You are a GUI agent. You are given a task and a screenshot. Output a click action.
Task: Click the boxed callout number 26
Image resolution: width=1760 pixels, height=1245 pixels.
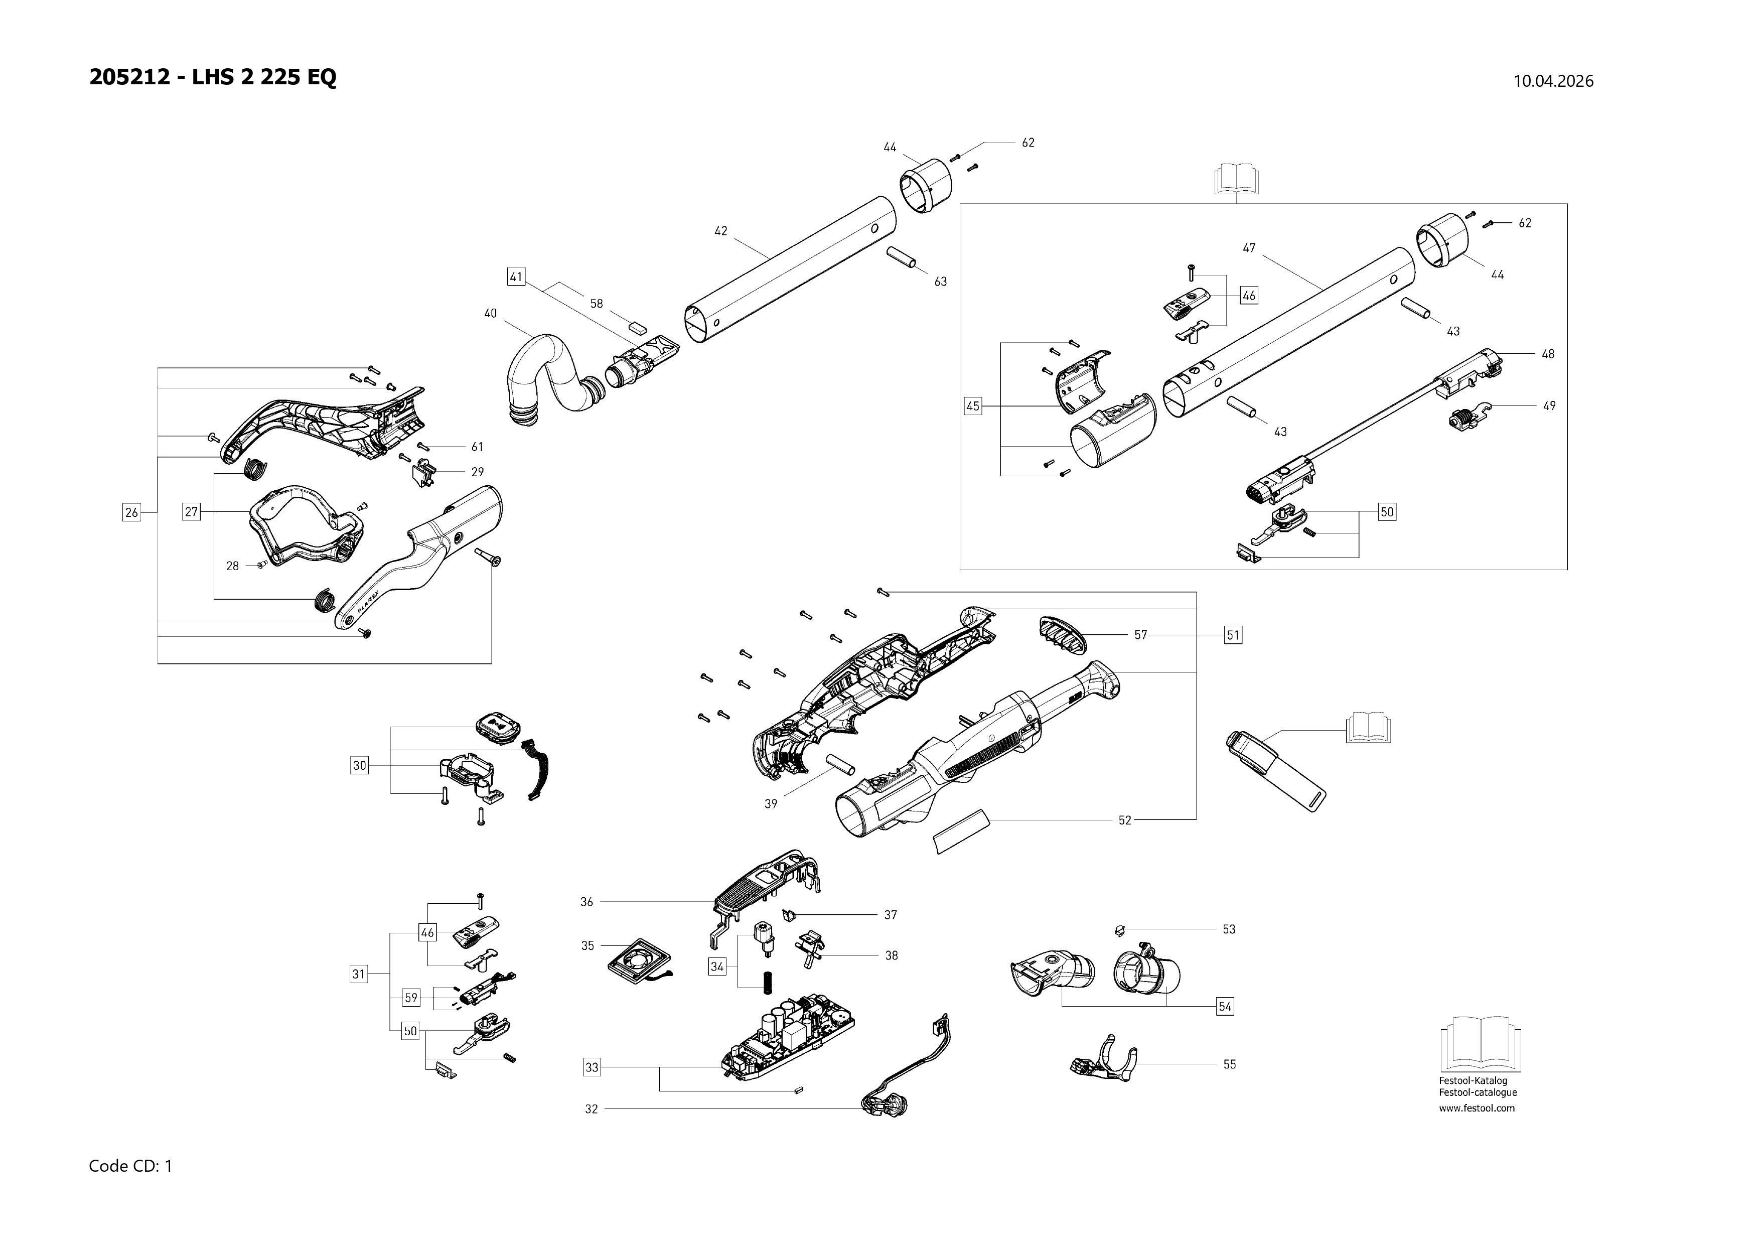[x=131, y=512]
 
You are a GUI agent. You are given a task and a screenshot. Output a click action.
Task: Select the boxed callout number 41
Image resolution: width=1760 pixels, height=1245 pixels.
[x=516, y=277]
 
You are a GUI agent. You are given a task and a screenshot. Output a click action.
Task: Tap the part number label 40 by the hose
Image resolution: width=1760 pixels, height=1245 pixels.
[x=491, y=313]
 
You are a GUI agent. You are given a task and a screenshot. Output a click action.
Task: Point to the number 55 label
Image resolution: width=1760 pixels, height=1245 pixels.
[x=1230, y=1064]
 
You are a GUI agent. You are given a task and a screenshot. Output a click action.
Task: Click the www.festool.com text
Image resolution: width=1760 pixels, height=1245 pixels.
[x=1477, y=1108]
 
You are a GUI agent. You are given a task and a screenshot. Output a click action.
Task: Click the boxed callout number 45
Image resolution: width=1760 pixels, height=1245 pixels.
[x=972, y=406]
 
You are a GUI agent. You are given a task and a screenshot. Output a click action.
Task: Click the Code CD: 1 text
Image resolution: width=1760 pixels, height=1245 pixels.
[x=131, y=1166]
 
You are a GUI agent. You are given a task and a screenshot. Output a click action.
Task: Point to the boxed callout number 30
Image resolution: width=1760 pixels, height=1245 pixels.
[x=360, y=765]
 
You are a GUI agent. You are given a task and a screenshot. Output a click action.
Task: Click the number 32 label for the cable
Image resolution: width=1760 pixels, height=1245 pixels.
[x=591, y=1110]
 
